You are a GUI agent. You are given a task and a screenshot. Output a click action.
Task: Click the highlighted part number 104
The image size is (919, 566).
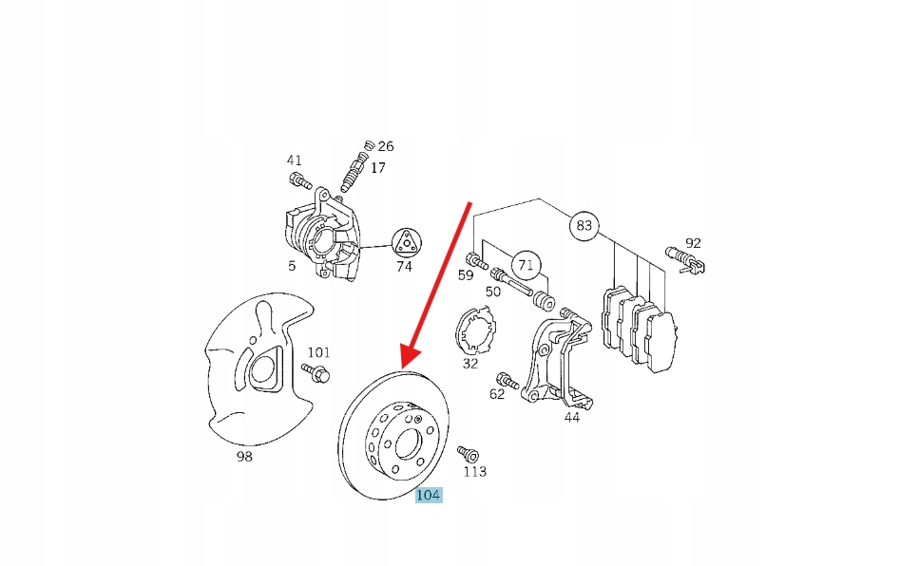point(428,495)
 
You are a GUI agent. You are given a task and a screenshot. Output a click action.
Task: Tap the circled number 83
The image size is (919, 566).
point(584,226)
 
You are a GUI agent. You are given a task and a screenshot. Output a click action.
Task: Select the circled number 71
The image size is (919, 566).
point(526,265)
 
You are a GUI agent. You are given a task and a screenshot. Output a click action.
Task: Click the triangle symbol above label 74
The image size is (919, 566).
point(407,242)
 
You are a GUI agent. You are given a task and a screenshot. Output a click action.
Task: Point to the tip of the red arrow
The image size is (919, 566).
point(403,368)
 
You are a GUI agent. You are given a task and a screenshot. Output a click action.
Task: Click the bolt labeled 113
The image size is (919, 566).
point(469,454)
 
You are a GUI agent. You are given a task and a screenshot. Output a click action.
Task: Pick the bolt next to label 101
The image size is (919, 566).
point(316,372)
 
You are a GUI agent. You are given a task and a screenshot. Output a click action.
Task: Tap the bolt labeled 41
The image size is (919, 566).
point(300,180)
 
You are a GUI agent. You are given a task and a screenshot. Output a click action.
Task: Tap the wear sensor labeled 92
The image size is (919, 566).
point(686,259)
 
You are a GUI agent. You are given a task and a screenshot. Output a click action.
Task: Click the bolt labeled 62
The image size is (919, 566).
point(507,382)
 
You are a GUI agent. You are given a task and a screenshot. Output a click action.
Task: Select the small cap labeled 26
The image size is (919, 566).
point(370,145)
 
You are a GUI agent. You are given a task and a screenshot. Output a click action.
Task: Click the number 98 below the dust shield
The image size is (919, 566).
point(244,457)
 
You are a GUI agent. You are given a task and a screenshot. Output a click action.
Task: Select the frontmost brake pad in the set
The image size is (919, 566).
point(661,341)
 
